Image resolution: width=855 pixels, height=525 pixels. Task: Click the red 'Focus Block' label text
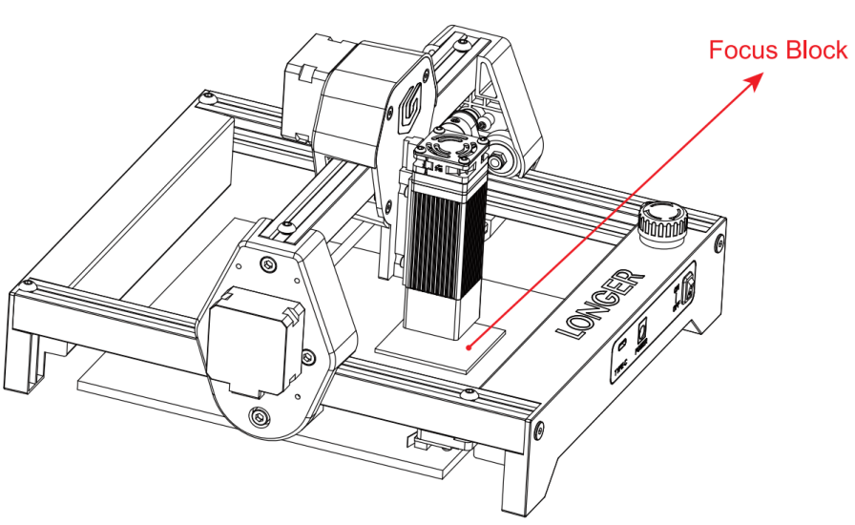[x=777, y=51]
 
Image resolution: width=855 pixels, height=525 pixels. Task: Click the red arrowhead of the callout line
[x=756, y=81]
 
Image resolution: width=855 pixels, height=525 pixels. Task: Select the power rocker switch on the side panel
[x=684, y=290]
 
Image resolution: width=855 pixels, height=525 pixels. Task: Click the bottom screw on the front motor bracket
[x=258, y=415]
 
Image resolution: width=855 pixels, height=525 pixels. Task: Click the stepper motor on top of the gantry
[x=334, y=95]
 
